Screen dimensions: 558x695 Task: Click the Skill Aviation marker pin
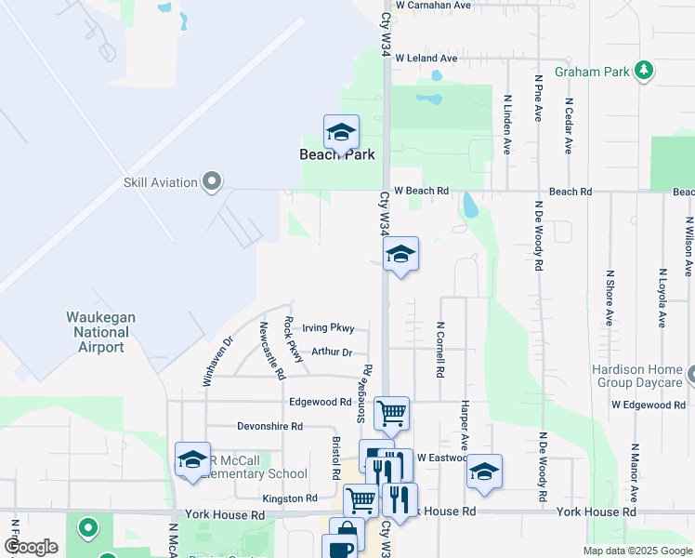coord(212,181)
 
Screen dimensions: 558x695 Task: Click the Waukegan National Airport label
coord(100,332)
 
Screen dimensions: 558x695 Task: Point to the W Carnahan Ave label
coord(433,6)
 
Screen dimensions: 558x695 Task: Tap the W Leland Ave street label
coord(426,59)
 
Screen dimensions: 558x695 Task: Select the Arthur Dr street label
coord(332,352)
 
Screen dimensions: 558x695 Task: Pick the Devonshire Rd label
coord(270,427)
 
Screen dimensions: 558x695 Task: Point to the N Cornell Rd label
coord(440,350)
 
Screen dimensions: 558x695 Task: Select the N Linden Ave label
coord(507,123)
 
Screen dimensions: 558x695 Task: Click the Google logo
coord(31,547)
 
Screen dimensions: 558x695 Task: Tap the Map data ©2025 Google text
coord(637,551)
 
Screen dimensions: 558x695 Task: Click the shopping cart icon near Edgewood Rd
coord(391,411)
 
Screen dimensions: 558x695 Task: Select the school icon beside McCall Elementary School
coord(192,458)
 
